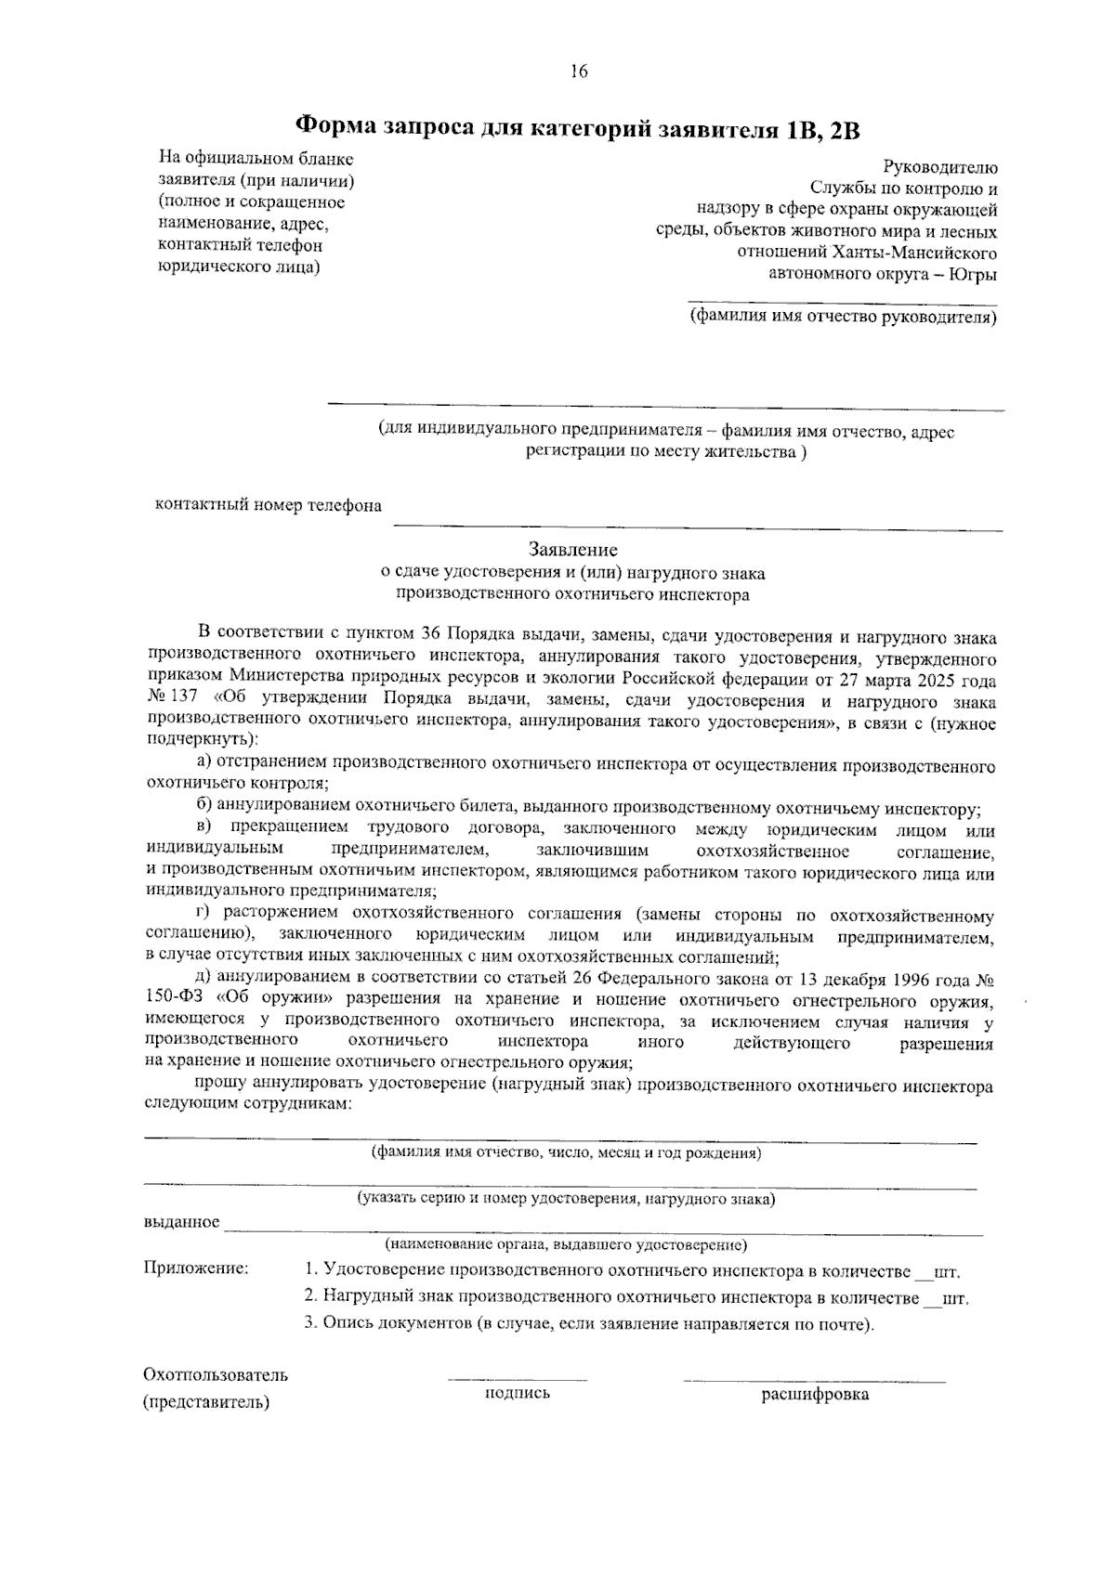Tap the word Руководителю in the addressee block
point(940,168)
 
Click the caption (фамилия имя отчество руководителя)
point(843,318)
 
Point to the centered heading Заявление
point(572,551)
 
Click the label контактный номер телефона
point(268,506)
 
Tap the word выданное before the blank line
point(181,1222)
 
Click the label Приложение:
point(195,1268)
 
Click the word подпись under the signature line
point(518,1393)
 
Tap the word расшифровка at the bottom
point(815,1395)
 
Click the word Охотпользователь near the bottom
point(216,1375)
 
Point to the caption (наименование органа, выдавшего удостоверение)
point(566,1244)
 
